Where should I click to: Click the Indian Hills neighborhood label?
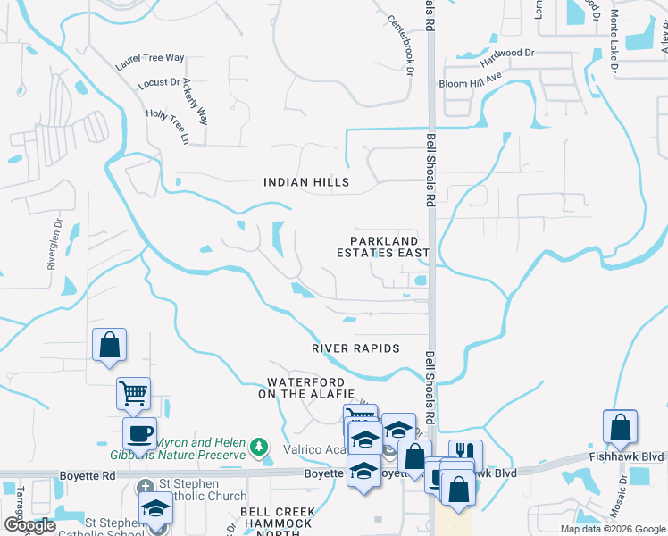(305, 182)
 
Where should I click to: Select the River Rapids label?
(355, 348)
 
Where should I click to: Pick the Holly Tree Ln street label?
(169, 127)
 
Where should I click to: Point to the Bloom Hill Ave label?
(471, 83)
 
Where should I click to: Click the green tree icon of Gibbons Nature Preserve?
(259, 445)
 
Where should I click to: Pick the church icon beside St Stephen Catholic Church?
(147, 489)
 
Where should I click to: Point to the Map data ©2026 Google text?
(612, 529)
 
